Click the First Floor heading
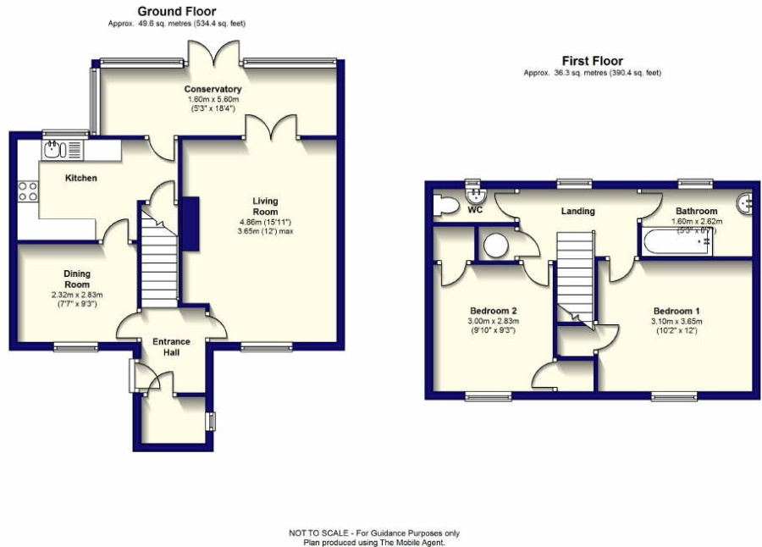point(592,61)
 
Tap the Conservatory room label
point(213,89)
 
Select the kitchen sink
point(53,150)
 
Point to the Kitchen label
point(82,179)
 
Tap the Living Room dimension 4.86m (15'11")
point(265,221)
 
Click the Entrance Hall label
point(171,346)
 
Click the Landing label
point(578,211)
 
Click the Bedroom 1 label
point(676,310)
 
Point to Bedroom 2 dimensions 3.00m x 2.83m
point(493,321)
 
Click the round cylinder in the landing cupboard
point(495,246)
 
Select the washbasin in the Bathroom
point(745,202)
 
